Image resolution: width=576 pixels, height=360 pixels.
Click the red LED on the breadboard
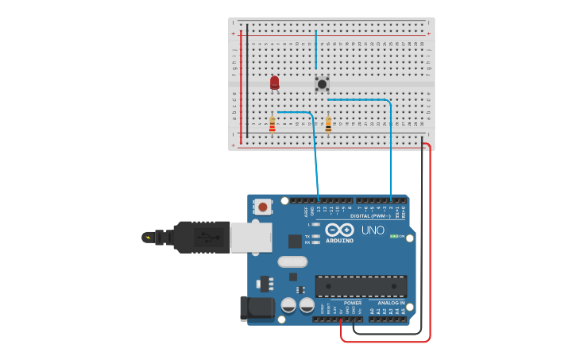[275, 82]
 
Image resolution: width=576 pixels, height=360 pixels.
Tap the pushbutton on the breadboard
[322, 83]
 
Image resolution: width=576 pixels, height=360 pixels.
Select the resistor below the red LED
[273, 125]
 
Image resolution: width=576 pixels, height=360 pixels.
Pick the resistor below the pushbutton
[328, 124]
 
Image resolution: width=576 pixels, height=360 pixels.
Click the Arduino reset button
[262, 207]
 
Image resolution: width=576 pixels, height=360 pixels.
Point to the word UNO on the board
[373, 230]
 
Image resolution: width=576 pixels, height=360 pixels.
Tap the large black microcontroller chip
[361, 286]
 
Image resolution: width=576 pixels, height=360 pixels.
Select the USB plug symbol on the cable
[206, 236]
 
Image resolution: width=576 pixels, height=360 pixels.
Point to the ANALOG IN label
[391, 303]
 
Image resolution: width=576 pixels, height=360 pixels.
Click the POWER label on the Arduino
[353, 303]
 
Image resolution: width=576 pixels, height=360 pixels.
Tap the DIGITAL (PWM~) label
[369, 215]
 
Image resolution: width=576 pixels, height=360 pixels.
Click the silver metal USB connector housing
[251, 236]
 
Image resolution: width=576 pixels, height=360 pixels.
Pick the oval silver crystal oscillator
[292, 261]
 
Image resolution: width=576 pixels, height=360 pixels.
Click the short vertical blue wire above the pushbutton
[315, 50]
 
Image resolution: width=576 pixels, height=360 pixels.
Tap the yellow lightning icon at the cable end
[147, 237]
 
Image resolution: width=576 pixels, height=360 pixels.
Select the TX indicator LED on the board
[316, 236]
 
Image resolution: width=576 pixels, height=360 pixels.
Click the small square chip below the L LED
[296, 240]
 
